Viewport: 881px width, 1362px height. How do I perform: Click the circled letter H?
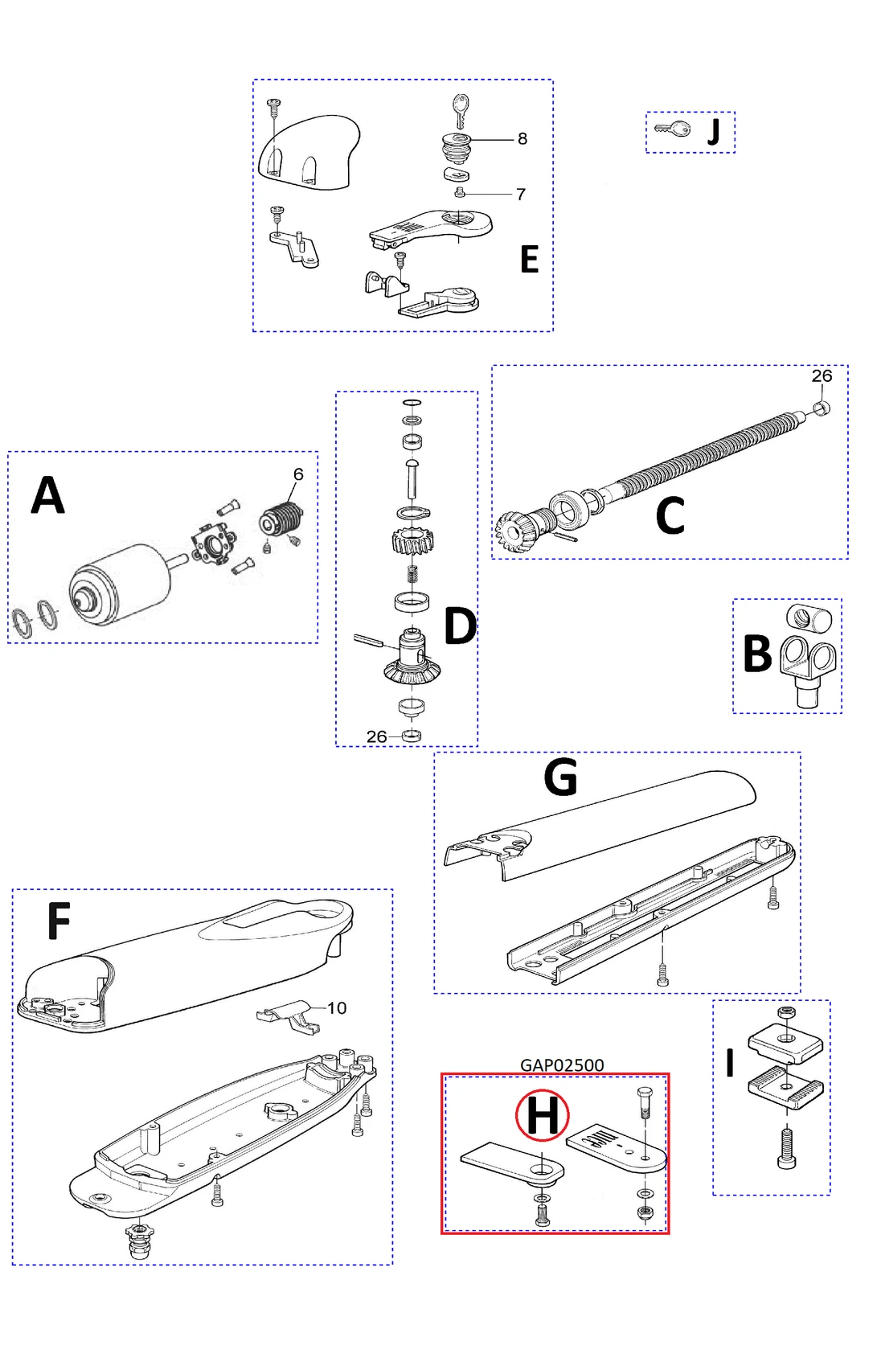point(542,1115)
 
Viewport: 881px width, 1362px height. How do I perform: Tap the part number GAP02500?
point(562,1065)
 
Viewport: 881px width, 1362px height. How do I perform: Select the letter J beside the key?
point(713,131)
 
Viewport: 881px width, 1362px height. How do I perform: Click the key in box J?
point(673,129)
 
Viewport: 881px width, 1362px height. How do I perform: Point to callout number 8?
point(522,139)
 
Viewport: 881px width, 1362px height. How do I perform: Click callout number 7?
point(521,195)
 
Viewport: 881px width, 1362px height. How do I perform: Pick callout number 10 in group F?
point(337,1008)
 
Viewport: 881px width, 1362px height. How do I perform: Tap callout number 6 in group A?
point(298,474)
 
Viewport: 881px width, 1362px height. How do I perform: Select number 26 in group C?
point(822,376)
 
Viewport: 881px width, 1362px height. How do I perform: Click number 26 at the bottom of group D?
point(376,736)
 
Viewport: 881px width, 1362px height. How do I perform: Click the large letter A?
point(47,495)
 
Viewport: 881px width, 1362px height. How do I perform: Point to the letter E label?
point(529,260)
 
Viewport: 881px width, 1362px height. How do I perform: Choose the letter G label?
point(560,777)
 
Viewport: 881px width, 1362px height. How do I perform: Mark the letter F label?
point(59,921)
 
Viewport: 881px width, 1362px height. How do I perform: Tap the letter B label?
point(757,654)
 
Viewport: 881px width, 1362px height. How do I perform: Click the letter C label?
point(670,516)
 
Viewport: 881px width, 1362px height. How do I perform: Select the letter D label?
point(460,626)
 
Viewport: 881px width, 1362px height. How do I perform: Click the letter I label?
point(730,1063)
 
